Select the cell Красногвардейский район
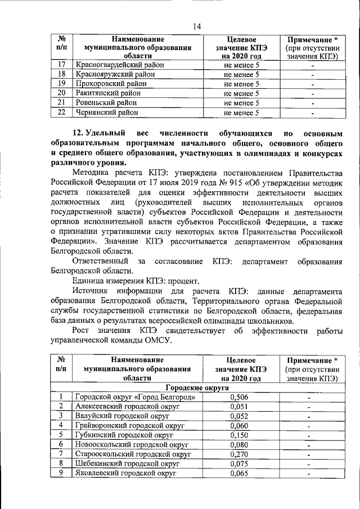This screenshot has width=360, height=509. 120,65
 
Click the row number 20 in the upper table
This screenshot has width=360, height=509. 62,93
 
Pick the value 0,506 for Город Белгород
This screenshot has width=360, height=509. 240,398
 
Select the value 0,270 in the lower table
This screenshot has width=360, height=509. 240,454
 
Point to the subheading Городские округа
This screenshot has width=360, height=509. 196,389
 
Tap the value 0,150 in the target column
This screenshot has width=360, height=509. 240,435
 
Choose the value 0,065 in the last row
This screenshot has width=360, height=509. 240,473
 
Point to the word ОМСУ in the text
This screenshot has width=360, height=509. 167,340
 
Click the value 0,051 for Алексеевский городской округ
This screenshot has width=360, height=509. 240,407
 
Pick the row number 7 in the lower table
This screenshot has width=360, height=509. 62,454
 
